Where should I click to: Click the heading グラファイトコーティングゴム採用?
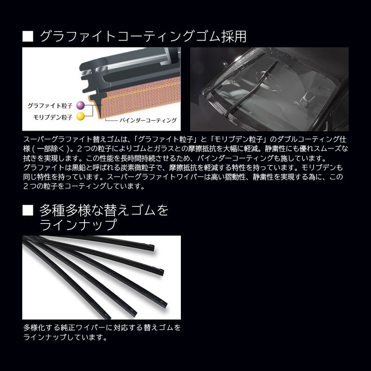point(143,37)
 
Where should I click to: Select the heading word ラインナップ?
point(77,226)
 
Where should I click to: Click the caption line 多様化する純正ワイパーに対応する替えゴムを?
point(102,327)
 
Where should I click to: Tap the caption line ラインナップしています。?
point(65,337)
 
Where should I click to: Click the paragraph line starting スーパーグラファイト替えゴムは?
point(185,139)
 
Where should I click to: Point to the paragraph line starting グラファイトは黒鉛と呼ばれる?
point(185,167)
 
